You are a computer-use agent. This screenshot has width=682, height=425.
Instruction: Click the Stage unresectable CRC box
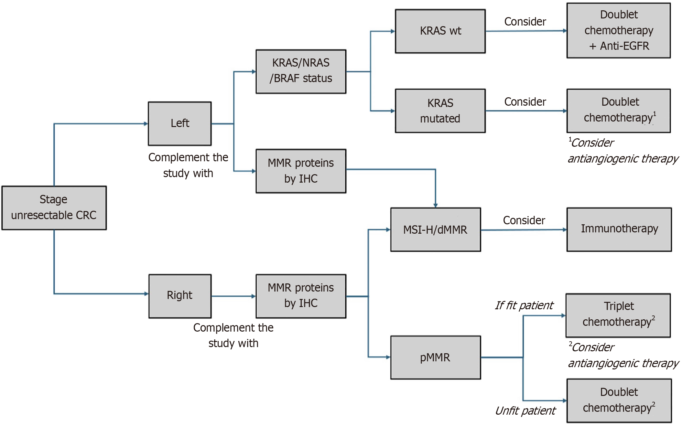54,208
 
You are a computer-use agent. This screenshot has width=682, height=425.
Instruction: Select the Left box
180,123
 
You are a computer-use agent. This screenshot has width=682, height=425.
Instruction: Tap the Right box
180,296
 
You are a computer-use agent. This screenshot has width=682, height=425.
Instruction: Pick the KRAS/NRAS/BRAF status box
301,71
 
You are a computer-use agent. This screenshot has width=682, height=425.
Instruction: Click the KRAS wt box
440,31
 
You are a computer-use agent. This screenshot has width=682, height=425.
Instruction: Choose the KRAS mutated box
440,111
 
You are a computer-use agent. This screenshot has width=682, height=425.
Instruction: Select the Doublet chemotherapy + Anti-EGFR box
618,30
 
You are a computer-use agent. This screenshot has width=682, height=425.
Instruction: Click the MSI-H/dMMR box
435,229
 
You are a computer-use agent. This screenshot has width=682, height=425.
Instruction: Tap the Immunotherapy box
619,229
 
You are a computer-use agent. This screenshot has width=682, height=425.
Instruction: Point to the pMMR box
435,357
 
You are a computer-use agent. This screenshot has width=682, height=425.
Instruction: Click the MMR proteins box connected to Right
301,296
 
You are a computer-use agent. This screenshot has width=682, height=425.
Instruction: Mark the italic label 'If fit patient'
524,305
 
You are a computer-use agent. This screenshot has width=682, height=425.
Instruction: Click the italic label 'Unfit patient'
525,411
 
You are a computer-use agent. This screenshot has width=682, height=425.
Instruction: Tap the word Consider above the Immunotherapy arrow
524,220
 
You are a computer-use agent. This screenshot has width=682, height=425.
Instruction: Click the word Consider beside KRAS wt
525,22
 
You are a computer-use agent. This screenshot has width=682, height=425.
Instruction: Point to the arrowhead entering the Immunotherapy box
565,230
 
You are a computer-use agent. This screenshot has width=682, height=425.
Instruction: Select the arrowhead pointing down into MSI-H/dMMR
436,205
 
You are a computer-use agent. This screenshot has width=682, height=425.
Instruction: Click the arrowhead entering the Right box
146,294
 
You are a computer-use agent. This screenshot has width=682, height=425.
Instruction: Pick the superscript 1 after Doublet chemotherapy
655,113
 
